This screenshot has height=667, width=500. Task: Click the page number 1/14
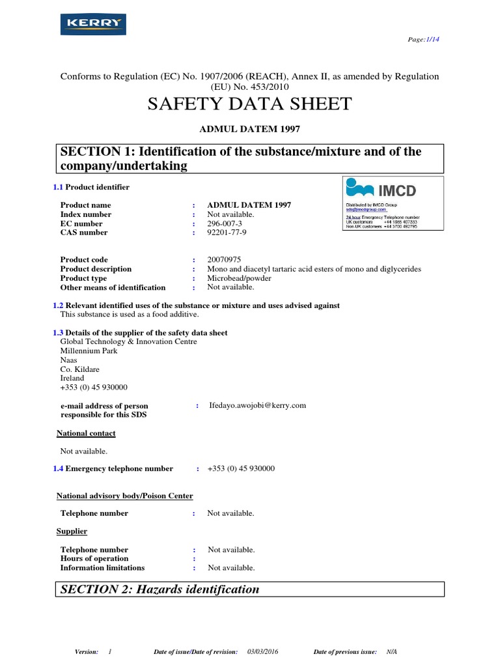(x=432, y=39)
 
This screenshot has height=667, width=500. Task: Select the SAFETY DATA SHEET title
(x=250, y=104)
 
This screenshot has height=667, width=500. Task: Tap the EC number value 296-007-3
(x=227, y=223)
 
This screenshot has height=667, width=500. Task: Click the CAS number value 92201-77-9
(x=227, y=233)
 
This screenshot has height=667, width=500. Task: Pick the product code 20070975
(x=224, y=260)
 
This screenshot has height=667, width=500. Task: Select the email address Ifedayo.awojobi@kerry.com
(x=257, y=405)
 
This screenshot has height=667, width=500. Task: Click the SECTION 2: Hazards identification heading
(x=160, y=589)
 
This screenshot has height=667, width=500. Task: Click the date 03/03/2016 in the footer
(x=262, y=652)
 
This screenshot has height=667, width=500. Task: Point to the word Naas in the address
(x=68, y=360)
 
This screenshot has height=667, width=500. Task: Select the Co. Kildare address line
(x=80, y=369)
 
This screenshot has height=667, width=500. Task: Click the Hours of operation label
(x=94, y=559)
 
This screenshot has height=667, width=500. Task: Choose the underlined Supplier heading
(x=72, y=532)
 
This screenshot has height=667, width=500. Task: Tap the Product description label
(x=96, y=269)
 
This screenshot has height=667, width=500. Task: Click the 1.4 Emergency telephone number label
(x=113, y=468)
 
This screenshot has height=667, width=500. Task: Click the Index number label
(x=86, y=214)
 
